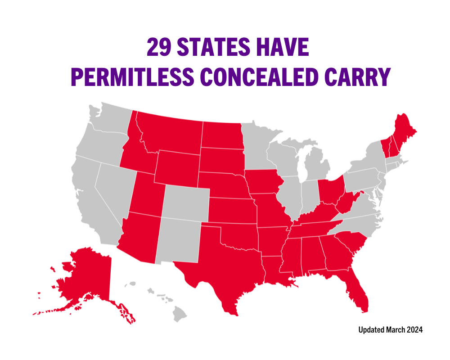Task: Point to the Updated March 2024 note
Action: [x=390, y=330]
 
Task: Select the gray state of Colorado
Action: [x=186, y=202]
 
